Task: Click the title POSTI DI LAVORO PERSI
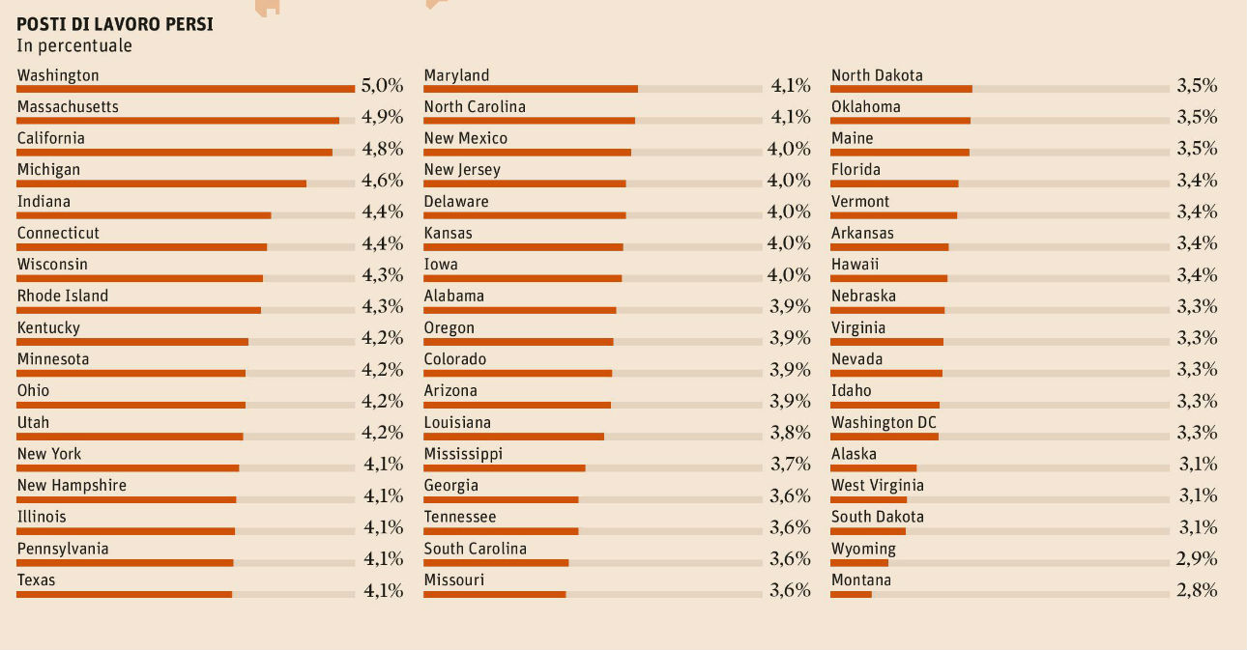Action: point(115,25)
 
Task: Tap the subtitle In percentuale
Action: point(74,45)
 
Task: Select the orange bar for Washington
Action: point(186,89)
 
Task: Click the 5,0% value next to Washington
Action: point(382,85)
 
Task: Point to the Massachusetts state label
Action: point(68,106)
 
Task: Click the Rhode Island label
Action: point(63,296)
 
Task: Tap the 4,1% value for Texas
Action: point(383,590)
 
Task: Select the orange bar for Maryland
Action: point(531,89)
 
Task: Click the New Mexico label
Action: point(466,138)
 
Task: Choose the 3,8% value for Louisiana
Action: point(790,433)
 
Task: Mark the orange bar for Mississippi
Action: point(505,468)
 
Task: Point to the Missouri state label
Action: point(454,579)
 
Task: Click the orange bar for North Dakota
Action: point(901,89)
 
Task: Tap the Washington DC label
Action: point(884,422)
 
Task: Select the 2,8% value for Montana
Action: point(1197,590)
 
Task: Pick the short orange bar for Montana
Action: point(851,594)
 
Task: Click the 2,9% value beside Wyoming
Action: point(1197,558)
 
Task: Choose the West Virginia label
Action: point(878,485)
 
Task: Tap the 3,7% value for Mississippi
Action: point(790,464)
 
